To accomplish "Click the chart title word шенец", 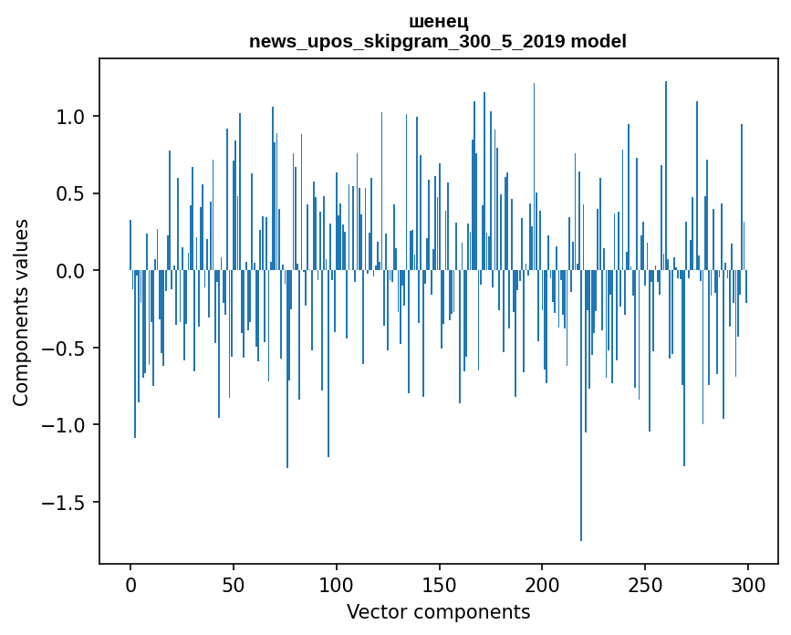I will point(438,22).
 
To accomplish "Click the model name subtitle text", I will point(438,42).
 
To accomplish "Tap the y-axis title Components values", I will point(21,312).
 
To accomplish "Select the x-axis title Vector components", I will point(438,611).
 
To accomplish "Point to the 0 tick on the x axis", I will point(130,584).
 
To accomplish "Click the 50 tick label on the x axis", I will point(234,584).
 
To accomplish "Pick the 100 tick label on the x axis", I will point(337,584).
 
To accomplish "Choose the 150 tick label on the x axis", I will point(440,584).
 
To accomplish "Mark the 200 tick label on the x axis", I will point(543,584).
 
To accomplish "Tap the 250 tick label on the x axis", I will point(646,584).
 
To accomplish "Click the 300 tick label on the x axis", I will point(748,584).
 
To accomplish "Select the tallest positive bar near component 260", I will point(666,173).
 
